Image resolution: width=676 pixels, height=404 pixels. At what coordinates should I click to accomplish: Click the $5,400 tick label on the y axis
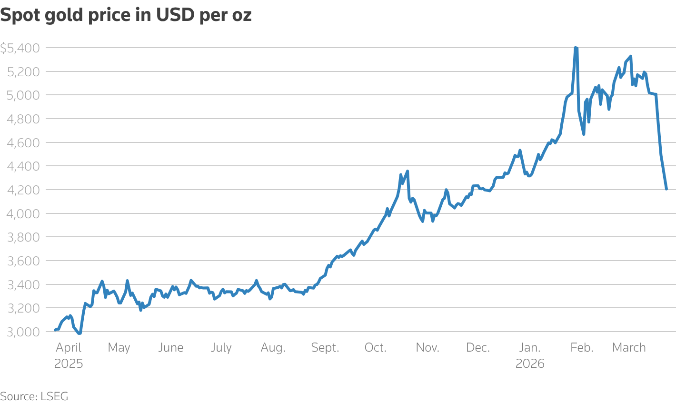click(20, 48)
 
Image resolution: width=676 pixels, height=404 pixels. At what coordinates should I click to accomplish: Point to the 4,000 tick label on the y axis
click(23, 213)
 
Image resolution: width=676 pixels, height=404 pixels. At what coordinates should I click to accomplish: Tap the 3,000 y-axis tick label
click(23, 332)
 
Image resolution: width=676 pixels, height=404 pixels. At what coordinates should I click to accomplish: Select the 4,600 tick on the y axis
click(23, 142)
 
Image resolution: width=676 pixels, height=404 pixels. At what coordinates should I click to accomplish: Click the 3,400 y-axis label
click(23, 284)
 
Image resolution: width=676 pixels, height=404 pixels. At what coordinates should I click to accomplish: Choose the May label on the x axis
click(119, 348)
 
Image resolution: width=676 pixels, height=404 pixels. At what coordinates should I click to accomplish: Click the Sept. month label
click(325, 348)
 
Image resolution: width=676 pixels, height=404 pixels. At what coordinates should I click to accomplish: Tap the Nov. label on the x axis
click(427, 348)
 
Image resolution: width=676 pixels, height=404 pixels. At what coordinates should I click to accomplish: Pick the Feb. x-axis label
click(582, 348)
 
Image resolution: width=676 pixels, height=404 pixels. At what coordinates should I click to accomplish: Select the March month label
click(629, 348)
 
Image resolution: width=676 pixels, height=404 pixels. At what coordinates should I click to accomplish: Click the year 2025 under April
click(69, 364)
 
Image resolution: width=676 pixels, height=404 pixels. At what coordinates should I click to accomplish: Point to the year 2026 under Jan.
click(530, 364)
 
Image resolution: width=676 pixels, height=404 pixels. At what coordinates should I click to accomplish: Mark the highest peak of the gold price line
click(576, 48)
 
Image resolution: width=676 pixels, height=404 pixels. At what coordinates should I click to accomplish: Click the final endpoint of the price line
click(666, 190)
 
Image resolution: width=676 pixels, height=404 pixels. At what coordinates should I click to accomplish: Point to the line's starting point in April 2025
click(55, 330)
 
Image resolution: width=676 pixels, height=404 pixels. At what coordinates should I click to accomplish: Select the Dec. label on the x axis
click(478, 348)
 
